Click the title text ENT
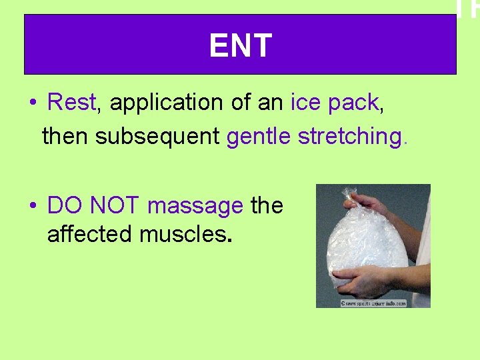pos(240,46)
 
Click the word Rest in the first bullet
pos(72,103)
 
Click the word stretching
pos(350,137)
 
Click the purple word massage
pos(195,206)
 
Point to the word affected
pos(90,235)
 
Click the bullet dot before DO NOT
pos(33,207)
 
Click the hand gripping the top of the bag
pos(368,203)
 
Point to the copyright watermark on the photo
pos(373,303)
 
